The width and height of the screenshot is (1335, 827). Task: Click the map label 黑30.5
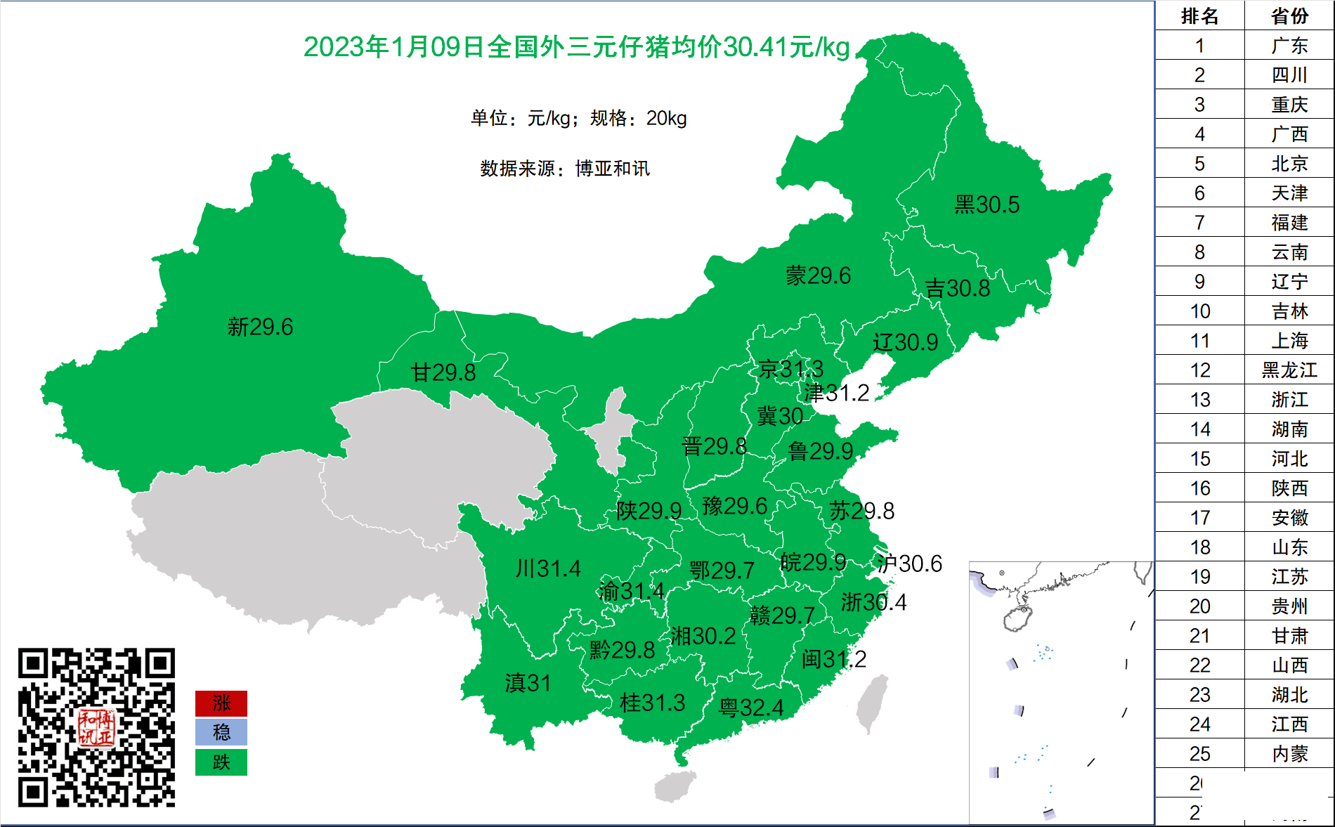pyautogui.click(x=986, y=204)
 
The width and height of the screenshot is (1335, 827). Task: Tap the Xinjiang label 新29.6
pyautogui.click(x=260, y=327)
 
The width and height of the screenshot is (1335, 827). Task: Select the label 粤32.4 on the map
pyautogui.click(x=750, y=707)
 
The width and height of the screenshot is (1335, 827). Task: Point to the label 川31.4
pyautogui.click(x=548, y=568)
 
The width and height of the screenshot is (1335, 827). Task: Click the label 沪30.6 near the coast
pyautogui.click(x=909, y=563)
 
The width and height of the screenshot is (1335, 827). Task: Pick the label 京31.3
pyautogui.click(x=790, y=369)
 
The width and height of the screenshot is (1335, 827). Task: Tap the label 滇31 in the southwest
pyautogui.click(x=528, y=682)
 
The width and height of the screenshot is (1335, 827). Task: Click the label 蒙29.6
pyautogui.click(x=818, y=275)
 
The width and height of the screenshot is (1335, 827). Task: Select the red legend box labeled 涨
pyautogui.click(x=221, y=703)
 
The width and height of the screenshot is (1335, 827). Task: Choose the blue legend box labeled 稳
pyautogui.click(x=221, y=732)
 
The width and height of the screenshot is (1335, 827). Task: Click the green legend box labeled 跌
pyautogui.click(x=221, y=762)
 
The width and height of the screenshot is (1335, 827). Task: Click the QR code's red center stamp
pyautogui.click(x=96, y=727)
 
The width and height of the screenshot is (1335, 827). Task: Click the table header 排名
pyautogui.click(x=1199, y=15)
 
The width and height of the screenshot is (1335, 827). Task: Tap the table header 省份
pyautogui.click(x=1289, y=15)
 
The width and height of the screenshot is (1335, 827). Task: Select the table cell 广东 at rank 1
pyautogui.click(x=1289, y=46)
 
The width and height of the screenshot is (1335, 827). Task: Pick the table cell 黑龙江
pyautogui.click(x=1289, y=370)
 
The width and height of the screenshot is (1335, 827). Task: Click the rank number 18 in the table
pyautogui.click(x=1199, y=547)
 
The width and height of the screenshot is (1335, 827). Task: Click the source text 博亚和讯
pyautogui.click(x=612, y=169)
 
